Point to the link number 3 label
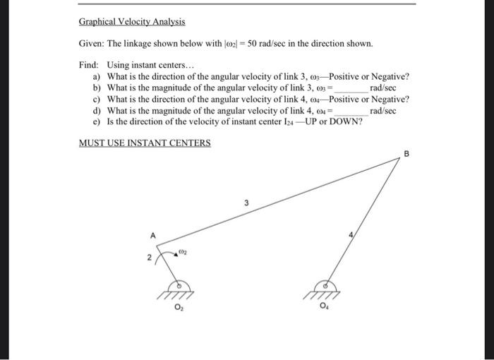246,203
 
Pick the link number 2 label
149,260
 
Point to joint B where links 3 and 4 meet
400,160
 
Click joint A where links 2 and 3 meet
157,246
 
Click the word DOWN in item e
348,121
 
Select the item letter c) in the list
97,100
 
